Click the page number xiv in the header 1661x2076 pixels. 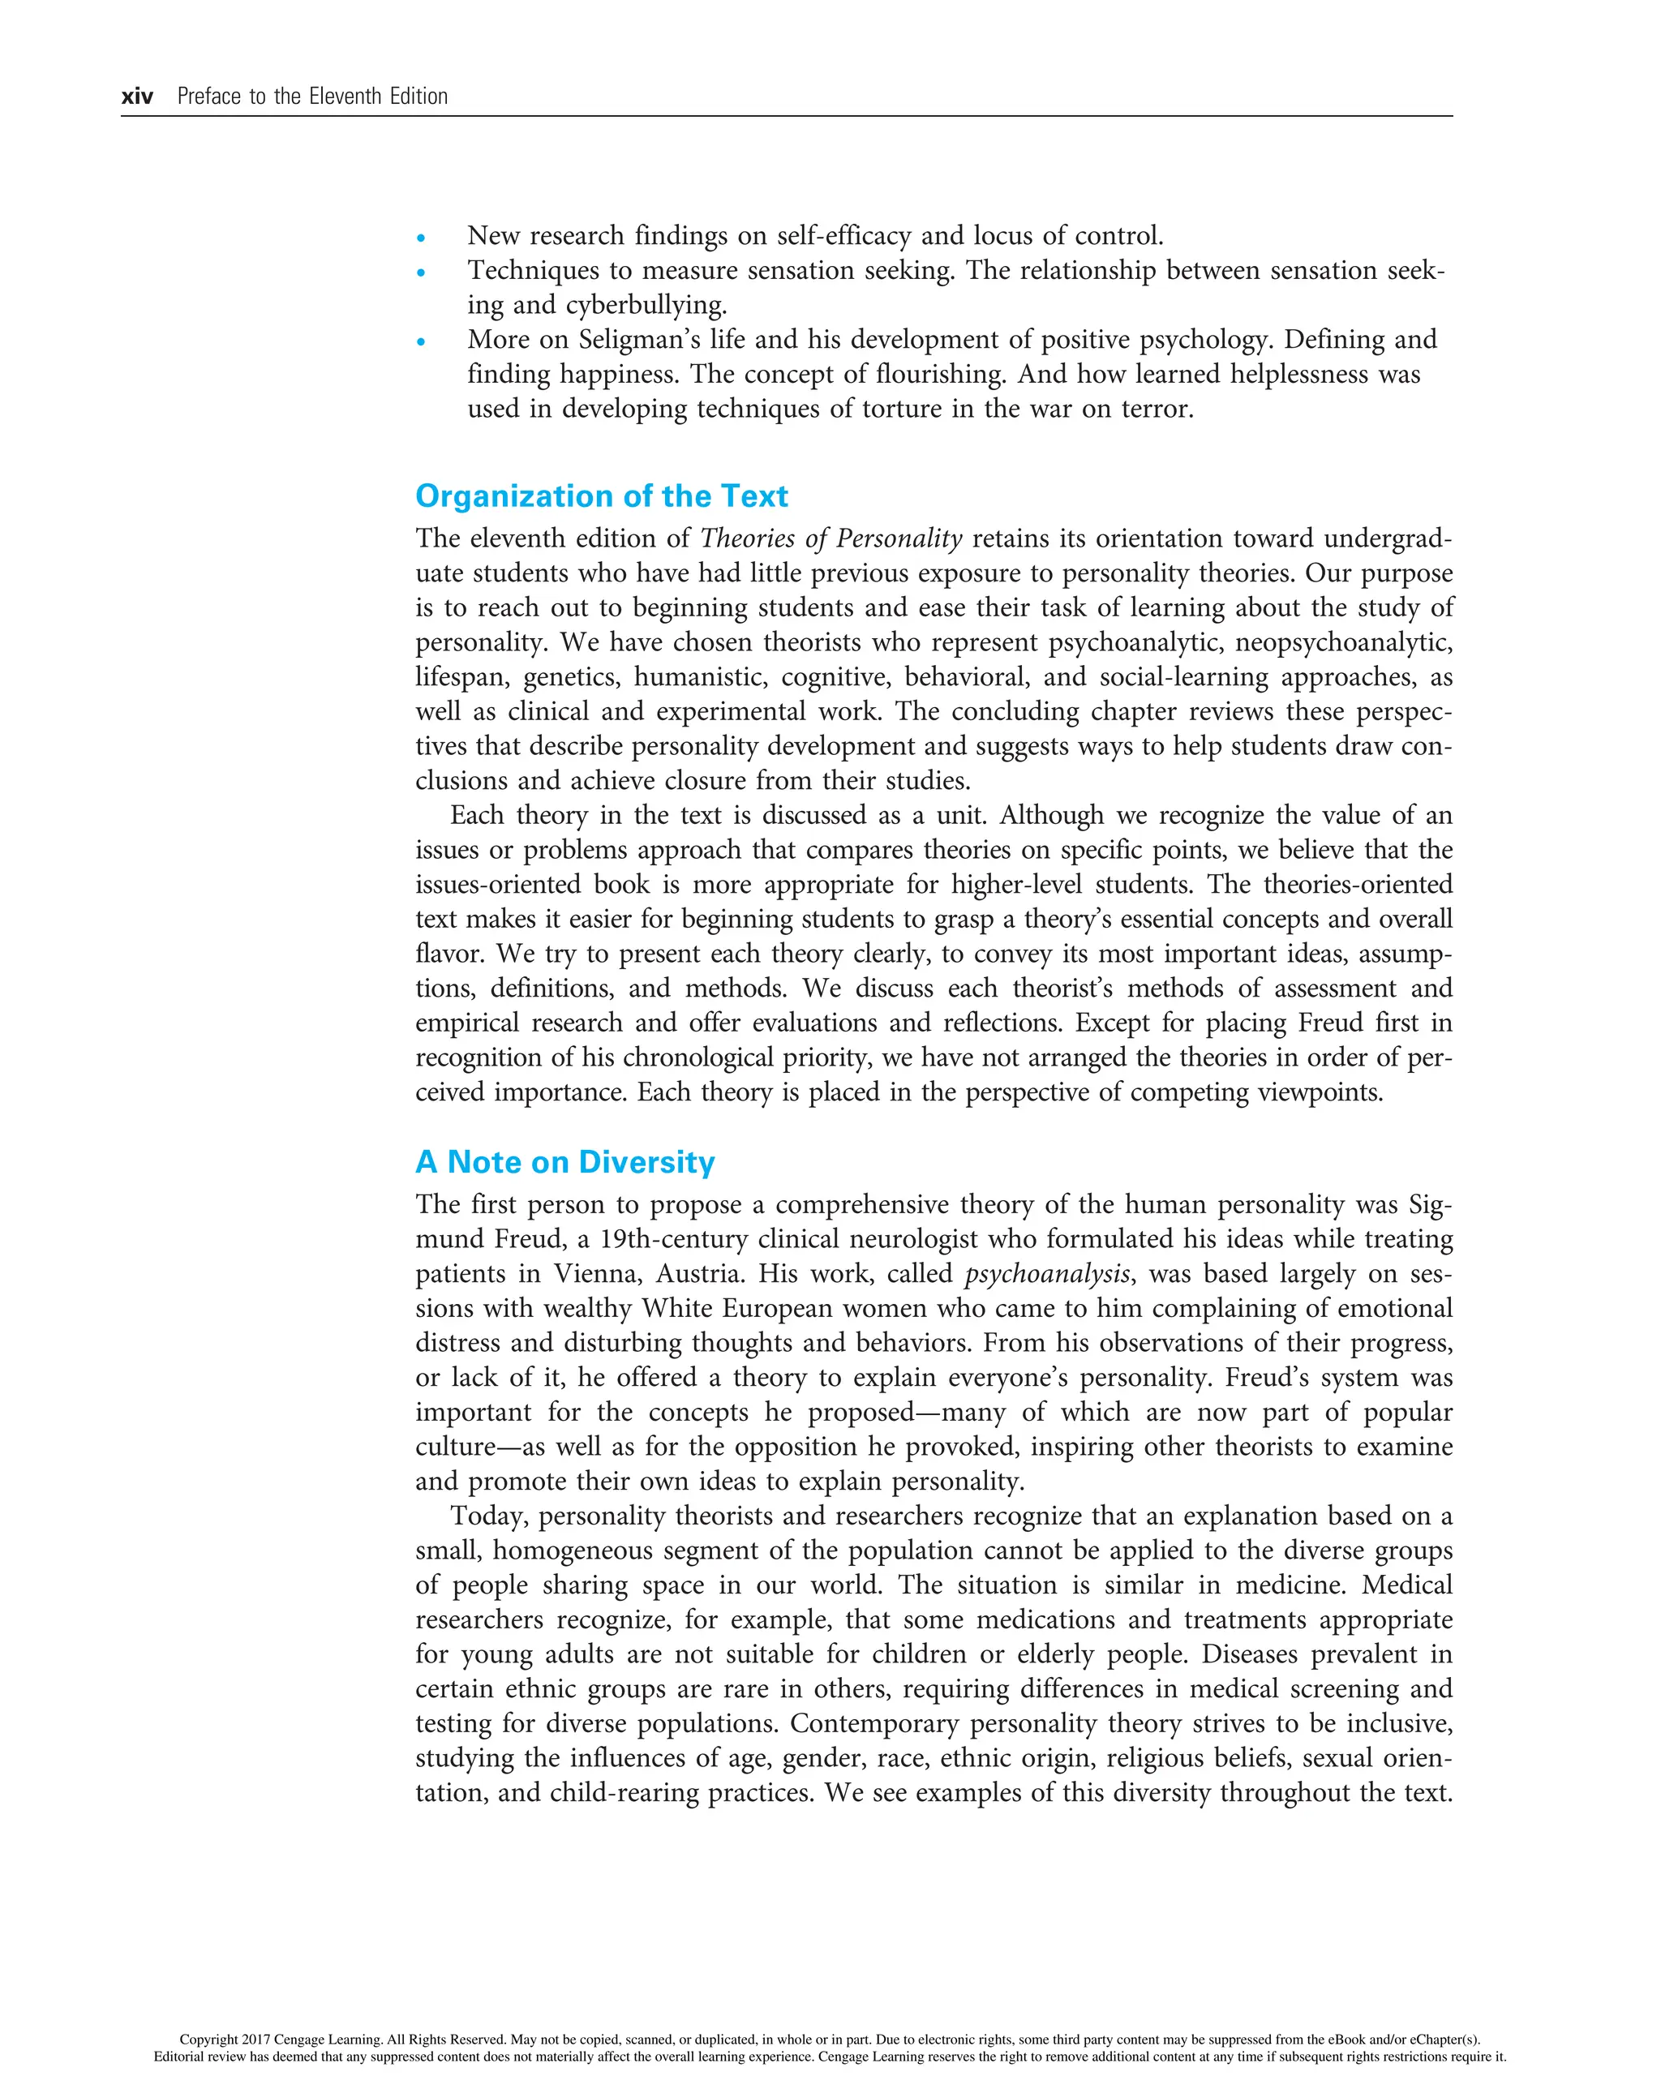(x=137, y=97)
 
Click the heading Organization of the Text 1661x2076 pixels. (x=601, y=496)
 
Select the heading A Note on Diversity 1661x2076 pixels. (x=564, y=1162)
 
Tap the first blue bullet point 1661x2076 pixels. (x=421, y=238)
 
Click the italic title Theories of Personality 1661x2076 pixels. (x=830, y=538)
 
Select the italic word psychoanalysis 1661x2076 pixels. (x=1047, y=1274)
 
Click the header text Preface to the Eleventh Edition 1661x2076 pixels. (x=312, y=97)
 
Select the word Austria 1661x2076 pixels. (x=700, y=1274)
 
